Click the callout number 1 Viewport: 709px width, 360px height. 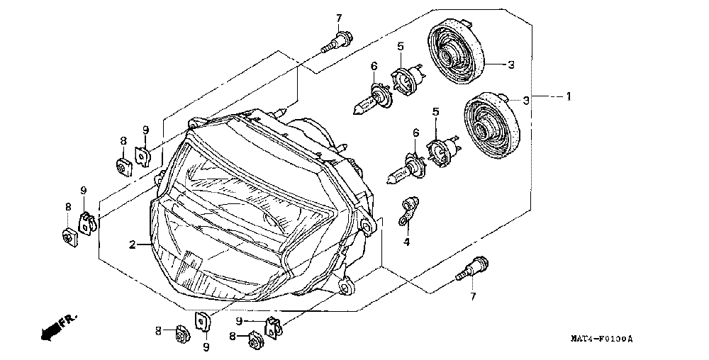[569, 96]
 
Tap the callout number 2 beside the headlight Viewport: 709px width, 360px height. [132, 244]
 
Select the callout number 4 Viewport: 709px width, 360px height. [406, 242]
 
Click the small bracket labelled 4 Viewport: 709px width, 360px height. [408, 210]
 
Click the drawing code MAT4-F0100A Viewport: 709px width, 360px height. [602, 338]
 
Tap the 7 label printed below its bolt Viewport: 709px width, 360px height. [473, 296]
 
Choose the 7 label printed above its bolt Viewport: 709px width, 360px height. [339, 18]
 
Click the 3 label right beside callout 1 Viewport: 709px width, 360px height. [526, 101]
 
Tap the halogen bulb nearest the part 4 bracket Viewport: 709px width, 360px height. [405, 171]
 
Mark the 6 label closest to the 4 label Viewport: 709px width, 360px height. [415, 133]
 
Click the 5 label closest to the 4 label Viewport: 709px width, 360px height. [435, 111]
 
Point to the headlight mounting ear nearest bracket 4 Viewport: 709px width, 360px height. [367, 225]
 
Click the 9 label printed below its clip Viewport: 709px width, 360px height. [206, 347]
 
